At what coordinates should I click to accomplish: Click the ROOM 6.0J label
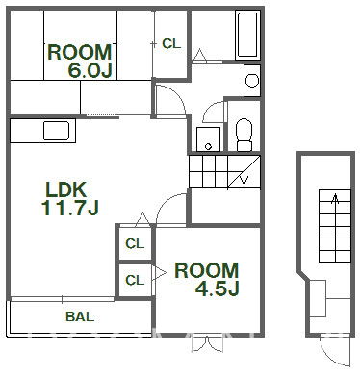(x=80, y=61)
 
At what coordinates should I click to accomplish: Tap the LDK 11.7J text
(x=70, y=199)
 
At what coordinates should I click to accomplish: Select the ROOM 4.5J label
(x=207, y=279)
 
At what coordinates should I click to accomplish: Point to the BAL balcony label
(x=80, y=316)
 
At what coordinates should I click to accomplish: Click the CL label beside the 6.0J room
(x=171, y=44)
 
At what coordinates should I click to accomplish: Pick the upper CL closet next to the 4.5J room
(x=135, y=244)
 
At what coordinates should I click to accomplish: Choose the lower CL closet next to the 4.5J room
(x=135, y=281)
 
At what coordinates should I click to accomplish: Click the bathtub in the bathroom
(x=247, y=35)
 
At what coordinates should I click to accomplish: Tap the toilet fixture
(x=244, y=135)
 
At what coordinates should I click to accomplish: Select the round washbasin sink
(x=252, y=80)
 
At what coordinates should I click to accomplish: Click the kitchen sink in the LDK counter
(x=57, y=131)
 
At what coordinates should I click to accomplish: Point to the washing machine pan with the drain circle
(x=208, y=139)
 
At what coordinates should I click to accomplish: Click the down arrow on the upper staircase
(x=244, y=178)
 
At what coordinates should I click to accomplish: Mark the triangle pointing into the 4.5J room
(x=161, y=273)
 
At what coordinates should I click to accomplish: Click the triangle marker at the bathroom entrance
(x=200, y=54)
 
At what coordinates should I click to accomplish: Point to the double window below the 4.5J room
(x=207, y=343)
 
